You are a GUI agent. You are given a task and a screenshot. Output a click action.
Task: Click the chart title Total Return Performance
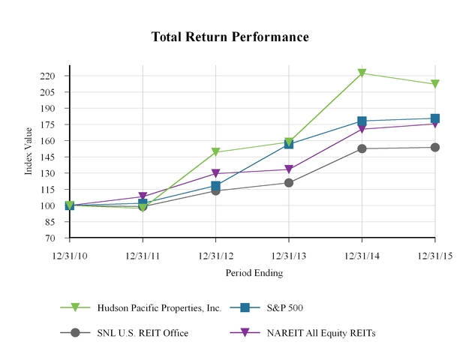point(230,37)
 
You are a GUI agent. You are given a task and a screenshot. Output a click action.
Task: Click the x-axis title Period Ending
point(254,273)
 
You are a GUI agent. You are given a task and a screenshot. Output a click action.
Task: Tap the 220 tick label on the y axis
point(47,76)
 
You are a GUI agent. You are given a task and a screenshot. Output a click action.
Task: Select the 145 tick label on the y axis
point(47,157)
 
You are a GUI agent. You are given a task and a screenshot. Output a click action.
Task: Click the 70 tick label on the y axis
point(50,238)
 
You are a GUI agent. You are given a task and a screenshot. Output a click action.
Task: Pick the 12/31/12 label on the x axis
point(216,255)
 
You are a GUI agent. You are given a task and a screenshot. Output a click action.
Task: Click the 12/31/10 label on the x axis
point(70,255)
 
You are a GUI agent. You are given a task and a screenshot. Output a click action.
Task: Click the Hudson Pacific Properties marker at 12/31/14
point(362,73)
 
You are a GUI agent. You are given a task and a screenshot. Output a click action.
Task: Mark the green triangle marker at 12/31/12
point(216,152)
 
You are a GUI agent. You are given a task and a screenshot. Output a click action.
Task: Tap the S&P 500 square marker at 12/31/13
point(289,144)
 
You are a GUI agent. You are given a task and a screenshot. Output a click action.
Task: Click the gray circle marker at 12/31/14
point(362,148)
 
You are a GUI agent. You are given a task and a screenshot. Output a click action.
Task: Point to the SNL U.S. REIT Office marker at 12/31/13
point(289,182)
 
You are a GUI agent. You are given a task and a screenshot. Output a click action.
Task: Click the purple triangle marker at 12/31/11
point(143,197)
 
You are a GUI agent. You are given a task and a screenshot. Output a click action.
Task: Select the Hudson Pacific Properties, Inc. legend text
point(159,307)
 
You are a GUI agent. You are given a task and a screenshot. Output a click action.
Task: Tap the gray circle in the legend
point(75,332)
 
